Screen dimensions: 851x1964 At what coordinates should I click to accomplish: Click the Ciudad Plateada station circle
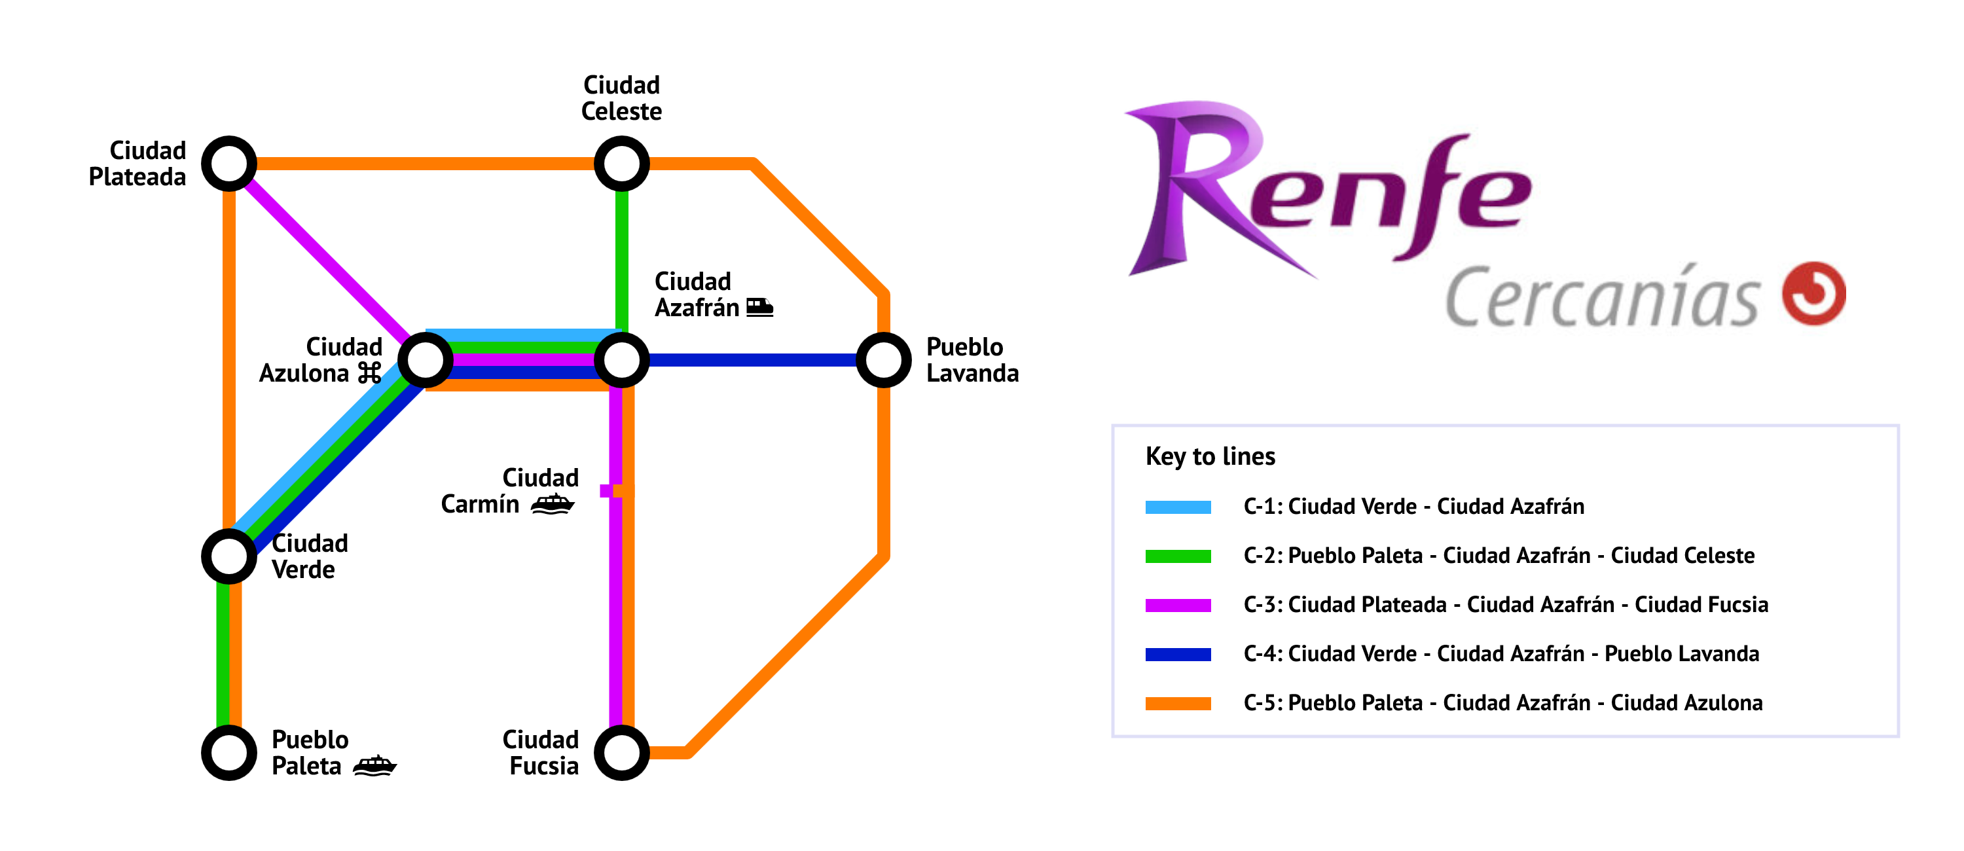click(228, 164)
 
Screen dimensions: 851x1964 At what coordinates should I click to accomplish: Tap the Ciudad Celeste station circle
click(621, 164)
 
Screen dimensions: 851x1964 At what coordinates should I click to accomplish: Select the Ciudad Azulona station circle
click(426, 360)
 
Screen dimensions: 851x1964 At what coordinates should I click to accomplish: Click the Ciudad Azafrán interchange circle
click(621, 360)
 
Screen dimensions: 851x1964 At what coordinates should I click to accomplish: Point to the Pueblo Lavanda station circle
click(884, 360)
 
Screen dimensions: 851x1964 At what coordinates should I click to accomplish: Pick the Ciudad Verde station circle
click(228, 556)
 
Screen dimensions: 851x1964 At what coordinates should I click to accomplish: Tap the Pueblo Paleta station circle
click(228, 753)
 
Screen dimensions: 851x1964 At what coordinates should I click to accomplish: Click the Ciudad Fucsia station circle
click(621, 753)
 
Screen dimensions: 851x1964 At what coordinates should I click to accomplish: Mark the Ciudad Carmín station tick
click(616, 491)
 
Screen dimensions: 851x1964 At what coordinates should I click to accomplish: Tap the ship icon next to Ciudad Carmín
click(553, 503)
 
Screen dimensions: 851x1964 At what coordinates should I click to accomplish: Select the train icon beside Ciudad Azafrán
click(759, 307)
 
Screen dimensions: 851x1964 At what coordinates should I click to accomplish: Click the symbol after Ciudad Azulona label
click(370, 373)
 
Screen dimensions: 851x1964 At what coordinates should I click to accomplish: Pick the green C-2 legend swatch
click(1177, 556)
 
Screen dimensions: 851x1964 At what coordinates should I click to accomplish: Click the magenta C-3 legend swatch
click(1177, 606)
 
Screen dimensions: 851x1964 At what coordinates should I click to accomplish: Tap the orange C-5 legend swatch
click(1177, 703)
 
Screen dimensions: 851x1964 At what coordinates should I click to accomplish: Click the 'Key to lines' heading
click(1210, 456)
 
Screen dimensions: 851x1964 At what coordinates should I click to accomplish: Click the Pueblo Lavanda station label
click(972, 360)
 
